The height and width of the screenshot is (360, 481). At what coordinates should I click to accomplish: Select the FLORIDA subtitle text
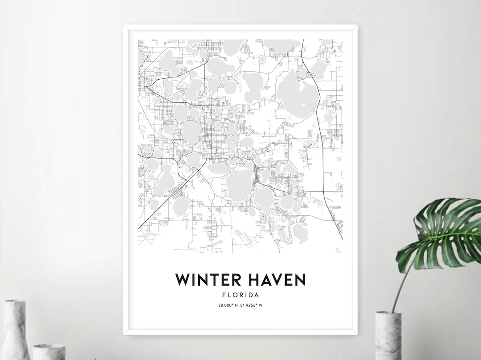(x=240, y=295)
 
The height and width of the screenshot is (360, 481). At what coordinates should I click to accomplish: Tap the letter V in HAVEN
(x=279, y=280)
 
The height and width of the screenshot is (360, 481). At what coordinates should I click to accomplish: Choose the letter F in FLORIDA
(x=223, y=295)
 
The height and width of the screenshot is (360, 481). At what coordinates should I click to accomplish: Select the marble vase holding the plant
(x=388, y=336)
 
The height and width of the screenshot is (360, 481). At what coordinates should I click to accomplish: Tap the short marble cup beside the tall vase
(x=49, y=352)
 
